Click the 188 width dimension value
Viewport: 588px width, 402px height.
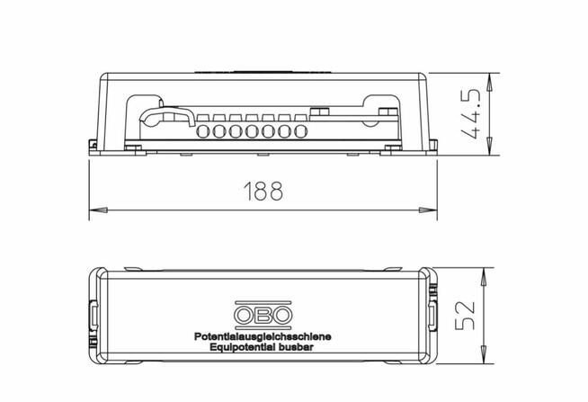point(263,191)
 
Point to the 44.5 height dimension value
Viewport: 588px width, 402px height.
point(470,114)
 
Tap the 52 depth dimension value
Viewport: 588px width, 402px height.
point(465,315)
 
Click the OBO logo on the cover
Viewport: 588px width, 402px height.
point(263,314)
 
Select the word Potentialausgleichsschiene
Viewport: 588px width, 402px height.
point(263,336)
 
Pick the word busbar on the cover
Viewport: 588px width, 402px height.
point(296,347)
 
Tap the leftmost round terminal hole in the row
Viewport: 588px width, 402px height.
point(203,131)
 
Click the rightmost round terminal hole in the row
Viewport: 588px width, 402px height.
point(301,131)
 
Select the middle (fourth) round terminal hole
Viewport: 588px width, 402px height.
point(252,131)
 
